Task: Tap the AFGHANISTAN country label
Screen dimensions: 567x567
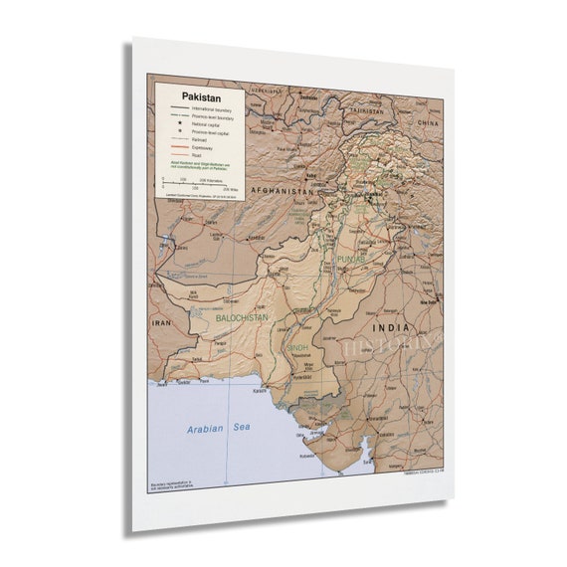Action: pos(285,189)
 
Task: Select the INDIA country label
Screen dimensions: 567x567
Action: pos(389,327)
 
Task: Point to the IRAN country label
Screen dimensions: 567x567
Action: pos(161,323)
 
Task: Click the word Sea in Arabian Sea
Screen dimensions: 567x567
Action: pos(241,427)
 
